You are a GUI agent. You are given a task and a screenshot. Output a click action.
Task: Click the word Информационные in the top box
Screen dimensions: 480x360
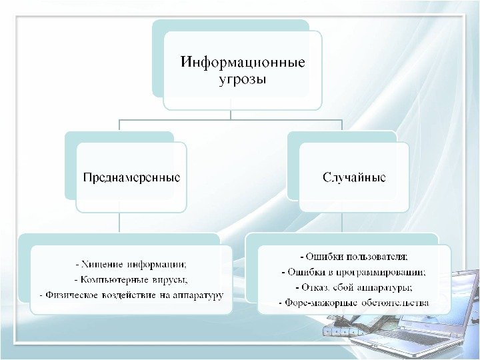(243, 64)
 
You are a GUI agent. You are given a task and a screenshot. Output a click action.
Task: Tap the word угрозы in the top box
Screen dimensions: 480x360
(243, 81)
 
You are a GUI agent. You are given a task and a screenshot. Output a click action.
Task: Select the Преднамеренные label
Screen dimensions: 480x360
(131, 178)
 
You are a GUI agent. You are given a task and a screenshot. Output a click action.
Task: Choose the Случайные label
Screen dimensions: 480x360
(354, 178)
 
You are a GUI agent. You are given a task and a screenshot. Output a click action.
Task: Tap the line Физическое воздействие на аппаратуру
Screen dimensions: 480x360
(131, 294)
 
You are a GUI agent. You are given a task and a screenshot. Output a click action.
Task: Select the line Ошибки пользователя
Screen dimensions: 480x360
(354, 256)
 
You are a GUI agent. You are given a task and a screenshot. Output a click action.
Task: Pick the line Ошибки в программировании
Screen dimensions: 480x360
(354, 272)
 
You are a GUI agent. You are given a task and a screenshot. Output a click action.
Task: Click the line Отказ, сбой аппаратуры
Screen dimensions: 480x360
(354, 288)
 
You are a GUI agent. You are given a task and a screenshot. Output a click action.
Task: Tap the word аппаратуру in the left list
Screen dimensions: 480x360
(198, 294)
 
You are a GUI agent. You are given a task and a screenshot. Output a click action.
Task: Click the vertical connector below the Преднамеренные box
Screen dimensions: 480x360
(120, 223)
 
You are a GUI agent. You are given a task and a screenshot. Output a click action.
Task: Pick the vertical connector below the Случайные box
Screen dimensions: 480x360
(342, 223)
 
